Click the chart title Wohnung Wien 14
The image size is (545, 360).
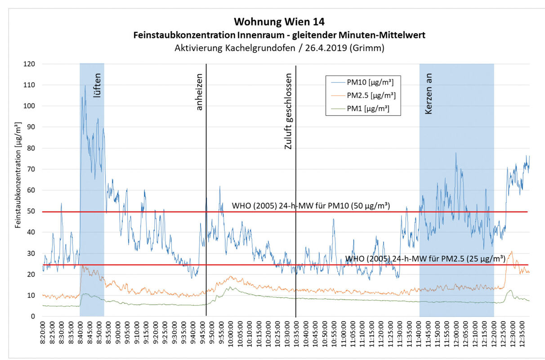[279, 22]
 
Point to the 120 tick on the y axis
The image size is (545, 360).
[30, 64]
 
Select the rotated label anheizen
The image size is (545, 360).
[200, 93]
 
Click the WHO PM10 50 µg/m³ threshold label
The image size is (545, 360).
[310, 206]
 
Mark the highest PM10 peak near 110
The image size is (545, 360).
[85, 85]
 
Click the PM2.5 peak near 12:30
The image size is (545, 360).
[511, 252]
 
